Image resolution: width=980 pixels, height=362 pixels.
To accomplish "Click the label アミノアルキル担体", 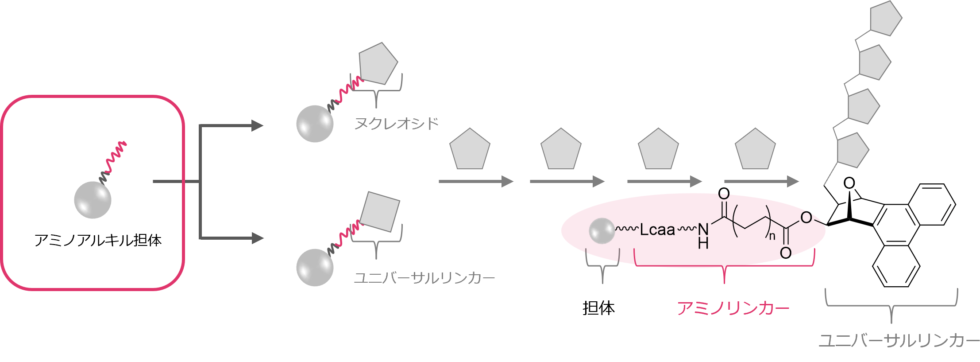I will [98, 240].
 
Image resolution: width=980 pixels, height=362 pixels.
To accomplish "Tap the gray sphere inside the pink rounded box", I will [93, 200].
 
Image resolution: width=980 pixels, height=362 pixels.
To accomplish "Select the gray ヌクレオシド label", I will [396, 123].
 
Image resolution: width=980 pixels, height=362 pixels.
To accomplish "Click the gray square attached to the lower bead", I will [380, 212].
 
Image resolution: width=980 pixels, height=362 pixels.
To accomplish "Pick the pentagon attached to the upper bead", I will [378, 64].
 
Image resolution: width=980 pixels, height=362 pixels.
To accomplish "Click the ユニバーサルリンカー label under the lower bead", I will [424, 278].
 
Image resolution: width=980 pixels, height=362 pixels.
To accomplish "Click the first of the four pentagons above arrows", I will [470, 150].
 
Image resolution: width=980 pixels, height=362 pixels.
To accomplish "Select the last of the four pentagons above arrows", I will [755, 150].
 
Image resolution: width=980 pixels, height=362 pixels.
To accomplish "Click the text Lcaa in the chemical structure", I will [657, 230].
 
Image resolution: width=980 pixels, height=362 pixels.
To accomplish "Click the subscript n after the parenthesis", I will [772, 236].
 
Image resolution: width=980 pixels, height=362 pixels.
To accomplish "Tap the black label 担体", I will [598, 308].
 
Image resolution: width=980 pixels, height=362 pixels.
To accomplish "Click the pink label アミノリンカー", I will [733, 308].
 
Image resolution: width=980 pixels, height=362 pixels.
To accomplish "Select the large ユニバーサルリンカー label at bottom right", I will [899, 341].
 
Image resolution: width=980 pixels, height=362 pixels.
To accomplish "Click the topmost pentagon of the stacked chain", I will [885, 19].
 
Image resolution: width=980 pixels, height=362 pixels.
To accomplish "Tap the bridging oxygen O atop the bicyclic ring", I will [849, 183].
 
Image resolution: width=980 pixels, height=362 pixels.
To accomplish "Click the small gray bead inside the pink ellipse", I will [602, 231].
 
